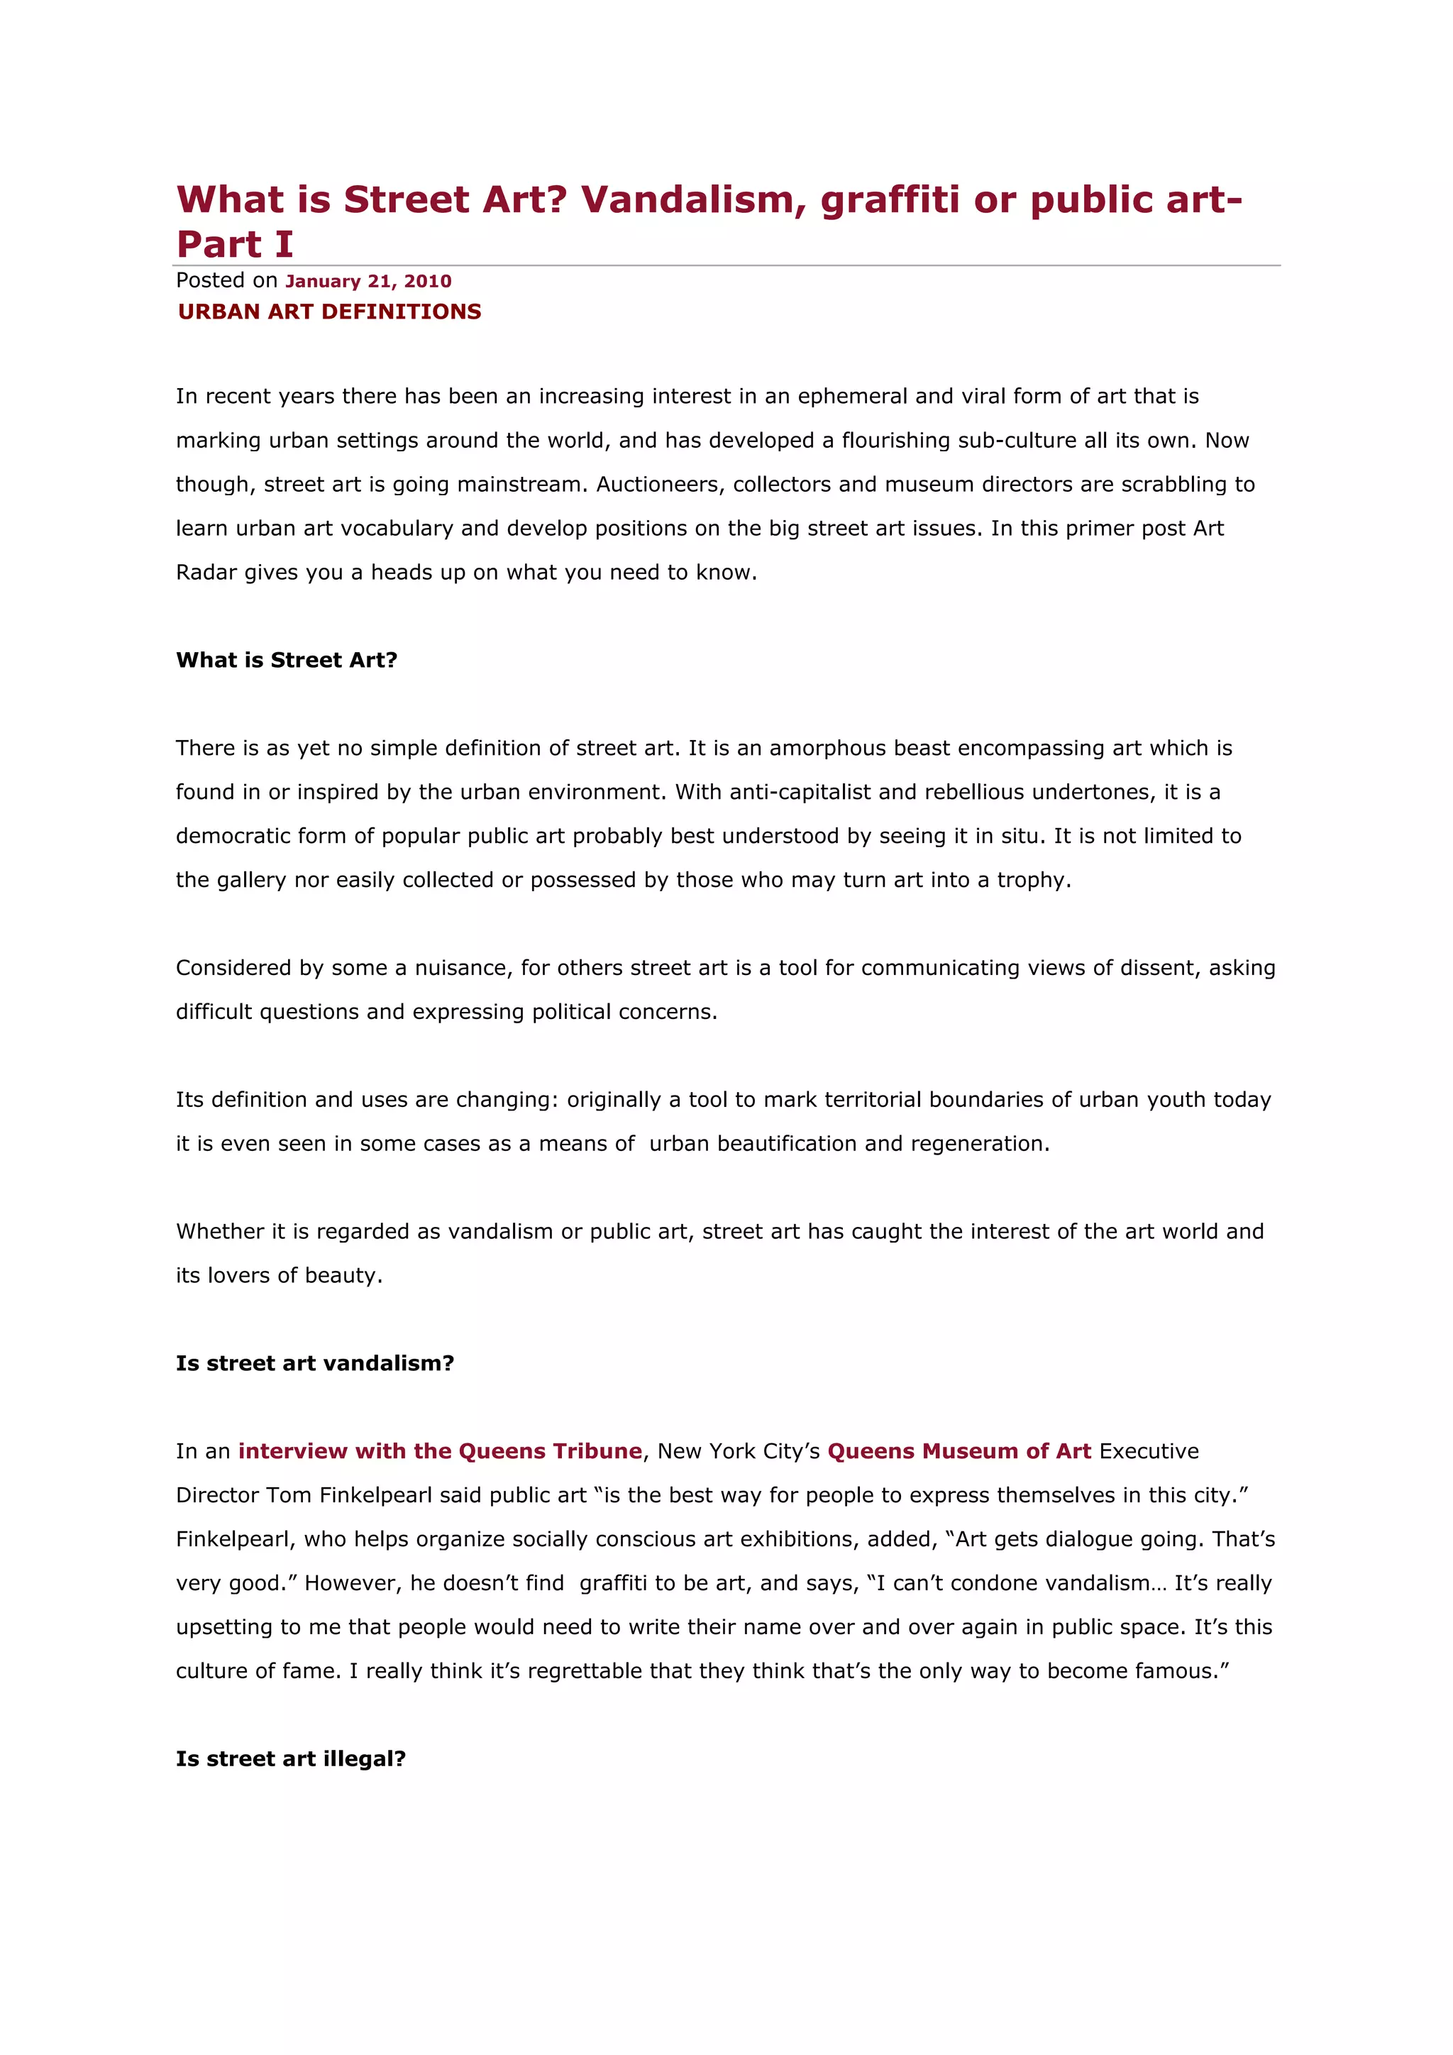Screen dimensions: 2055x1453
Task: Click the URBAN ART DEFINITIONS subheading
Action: (329, 312)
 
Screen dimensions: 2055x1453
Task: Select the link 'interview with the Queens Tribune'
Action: (440, 1451)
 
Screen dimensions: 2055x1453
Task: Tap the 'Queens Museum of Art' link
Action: (959, 1451)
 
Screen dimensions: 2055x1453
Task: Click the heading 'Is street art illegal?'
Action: (291, 1759)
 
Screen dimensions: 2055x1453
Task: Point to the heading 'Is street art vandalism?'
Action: (315, 1363)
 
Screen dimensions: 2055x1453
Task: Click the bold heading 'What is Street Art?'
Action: (287, 660)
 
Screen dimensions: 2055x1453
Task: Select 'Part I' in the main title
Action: (234, 243)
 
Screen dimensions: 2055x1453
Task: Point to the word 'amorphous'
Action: (822, 748)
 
